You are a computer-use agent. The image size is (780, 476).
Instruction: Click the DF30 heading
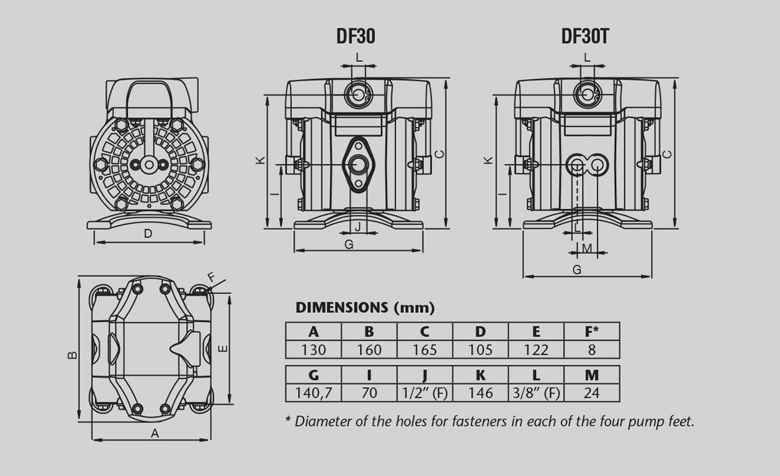355,36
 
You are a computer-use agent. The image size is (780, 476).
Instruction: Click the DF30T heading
584,36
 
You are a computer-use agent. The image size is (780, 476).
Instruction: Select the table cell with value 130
313,349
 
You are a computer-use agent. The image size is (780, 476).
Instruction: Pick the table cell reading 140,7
313,392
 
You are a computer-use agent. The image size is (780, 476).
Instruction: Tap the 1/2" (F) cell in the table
425,392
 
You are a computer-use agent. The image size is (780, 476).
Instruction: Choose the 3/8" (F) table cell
536,392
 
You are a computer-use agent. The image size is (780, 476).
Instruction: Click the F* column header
591,332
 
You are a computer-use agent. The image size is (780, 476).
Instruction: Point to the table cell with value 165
425,349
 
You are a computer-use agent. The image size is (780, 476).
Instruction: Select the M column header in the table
591,375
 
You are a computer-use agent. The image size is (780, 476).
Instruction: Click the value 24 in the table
591,392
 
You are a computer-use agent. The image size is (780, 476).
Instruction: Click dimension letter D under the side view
148,234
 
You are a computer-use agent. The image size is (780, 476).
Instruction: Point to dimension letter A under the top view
154,434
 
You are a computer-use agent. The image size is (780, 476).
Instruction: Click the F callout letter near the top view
211,277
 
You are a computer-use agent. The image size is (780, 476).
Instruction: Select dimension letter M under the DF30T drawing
587,248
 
